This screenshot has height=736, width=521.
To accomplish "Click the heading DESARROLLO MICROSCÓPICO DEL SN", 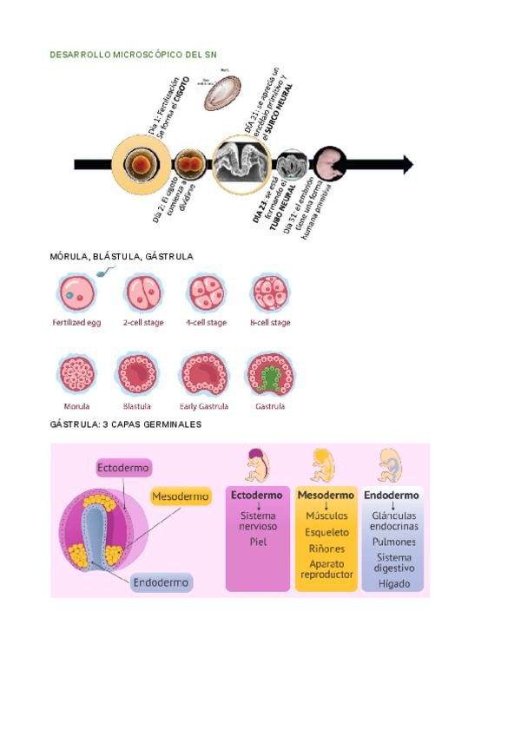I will point(134,55).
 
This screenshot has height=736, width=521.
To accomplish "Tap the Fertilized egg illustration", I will point(76,294).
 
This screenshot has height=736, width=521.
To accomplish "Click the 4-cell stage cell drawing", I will point(206,294).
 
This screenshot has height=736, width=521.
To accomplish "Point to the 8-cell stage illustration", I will point(270,294).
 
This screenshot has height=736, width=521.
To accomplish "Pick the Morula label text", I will point(76,406).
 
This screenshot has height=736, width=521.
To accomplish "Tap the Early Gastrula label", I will point(205,406).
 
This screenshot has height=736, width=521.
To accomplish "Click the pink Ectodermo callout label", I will point(123,468).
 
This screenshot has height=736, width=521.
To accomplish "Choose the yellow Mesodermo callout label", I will point(181,497).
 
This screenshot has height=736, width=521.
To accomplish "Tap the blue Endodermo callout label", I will point(162,583).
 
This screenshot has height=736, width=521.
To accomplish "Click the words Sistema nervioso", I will point(257,522).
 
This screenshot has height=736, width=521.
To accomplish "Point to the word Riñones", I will point(326,549).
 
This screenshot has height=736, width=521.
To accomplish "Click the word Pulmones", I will point(393,542).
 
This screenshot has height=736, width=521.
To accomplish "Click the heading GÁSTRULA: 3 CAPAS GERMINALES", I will point(126,425).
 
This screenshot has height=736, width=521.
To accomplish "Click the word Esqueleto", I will point(326,533).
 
